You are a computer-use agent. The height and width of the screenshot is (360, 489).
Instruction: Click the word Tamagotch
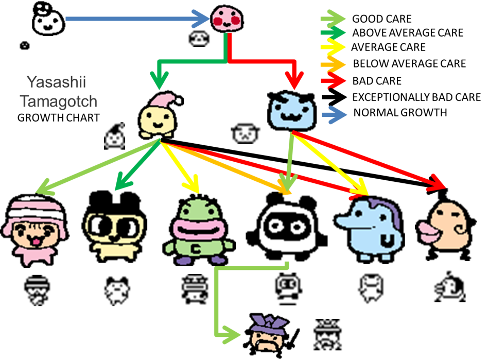pyautogui.click(x=59, y=101)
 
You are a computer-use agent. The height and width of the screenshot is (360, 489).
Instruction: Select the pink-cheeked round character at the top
pyautogui.click(x=226, y=19)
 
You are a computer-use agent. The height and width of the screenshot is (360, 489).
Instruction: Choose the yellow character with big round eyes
pyautogui.click(x=114, y=232)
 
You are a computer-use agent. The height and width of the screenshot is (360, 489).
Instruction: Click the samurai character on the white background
pyautogui.click(x=273, y=334)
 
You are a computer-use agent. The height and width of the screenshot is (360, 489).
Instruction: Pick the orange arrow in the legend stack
pyautogui.click(x=333, y=65)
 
